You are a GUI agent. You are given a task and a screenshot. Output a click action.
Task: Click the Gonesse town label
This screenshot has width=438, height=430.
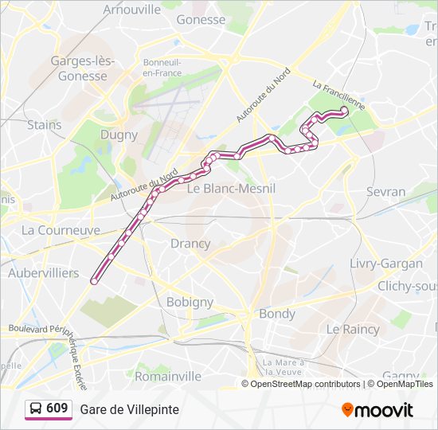click(x=201, y=19)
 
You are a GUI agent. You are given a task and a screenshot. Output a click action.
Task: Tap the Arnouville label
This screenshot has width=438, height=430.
click(x=134, y=10)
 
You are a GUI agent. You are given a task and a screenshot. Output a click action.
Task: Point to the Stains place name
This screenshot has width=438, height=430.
click(x=44, y=125)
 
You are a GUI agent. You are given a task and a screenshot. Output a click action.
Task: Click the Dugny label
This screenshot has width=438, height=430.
click(x=119, y=135)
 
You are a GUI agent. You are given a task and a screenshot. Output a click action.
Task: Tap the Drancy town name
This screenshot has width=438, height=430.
click(x=190, y=244)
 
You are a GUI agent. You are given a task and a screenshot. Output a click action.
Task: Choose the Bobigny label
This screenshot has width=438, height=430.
click(x=190, y=302)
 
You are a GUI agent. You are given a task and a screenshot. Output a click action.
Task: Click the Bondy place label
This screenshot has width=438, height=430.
click(x=276, y=314)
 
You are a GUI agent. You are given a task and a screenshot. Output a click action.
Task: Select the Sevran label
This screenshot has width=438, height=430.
click(x=385, y=192)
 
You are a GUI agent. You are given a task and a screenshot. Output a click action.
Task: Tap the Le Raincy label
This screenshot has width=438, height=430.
click(x=352, y=328)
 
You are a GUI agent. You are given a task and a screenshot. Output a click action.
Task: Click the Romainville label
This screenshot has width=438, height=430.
click(x=167, y=375)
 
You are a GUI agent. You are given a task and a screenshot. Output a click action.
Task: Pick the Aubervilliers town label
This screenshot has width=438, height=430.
click(x=44, y=273)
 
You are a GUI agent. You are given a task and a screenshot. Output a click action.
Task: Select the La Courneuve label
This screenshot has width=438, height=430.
click(x=61, y=230)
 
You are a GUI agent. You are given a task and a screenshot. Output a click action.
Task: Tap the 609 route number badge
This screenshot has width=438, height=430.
click(x=49, y=408)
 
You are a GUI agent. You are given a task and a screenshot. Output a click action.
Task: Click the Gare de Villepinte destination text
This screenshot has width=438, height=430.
click(x=129, y=409)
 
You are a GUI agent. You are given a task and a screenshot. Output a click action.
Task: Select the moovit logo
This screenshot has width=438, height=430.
click(x=377, y=410)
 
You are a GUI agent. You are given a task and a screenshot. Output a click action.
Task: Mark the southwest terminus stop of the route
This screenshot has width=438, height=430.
click(x=94, y=281)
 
